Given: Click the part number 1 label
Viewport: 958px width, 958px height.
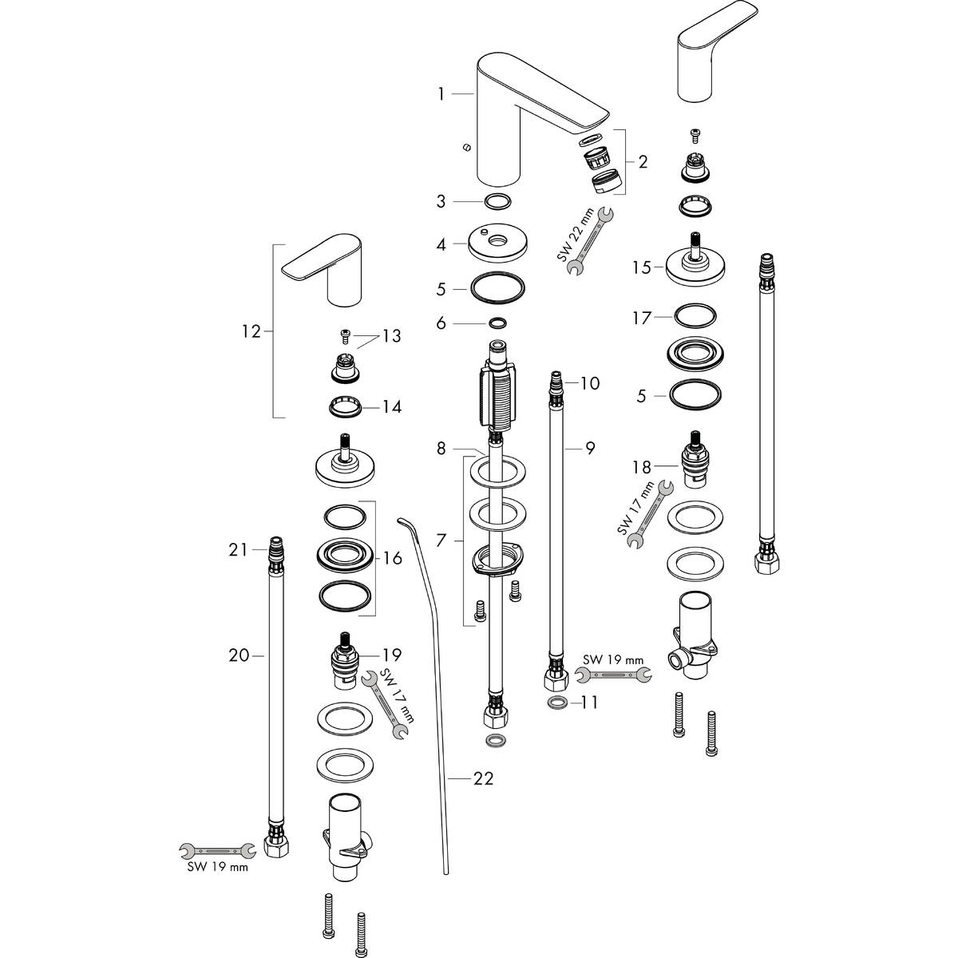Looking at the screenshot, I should (441, 95).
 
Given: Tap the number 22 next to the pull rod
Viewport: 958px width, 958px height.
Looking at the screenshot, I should (483, 777).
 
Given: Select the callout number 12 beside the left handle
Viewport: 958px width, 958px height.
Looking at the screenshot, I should (251, 331).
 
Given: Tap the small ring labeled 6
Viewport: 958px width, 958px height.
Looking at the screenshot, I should (497, 323).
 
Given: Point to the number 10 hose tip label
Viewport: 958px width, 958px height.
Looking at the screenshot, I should (589, 383).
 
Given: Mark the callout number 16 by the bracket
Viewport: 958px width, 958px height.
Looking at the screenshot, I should (392, 558).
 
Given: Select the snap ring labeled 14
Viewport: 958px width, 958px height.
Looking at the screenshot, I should (346, 407).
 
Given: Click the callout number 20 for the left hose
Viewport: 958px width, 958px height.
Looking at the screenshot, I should (239, 655).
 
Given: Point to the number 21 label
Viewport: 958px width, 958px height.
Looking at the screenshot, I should (239, 549).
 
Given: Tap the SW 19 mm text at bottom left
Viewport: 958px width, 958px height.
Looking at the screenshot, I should (212, 867).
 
